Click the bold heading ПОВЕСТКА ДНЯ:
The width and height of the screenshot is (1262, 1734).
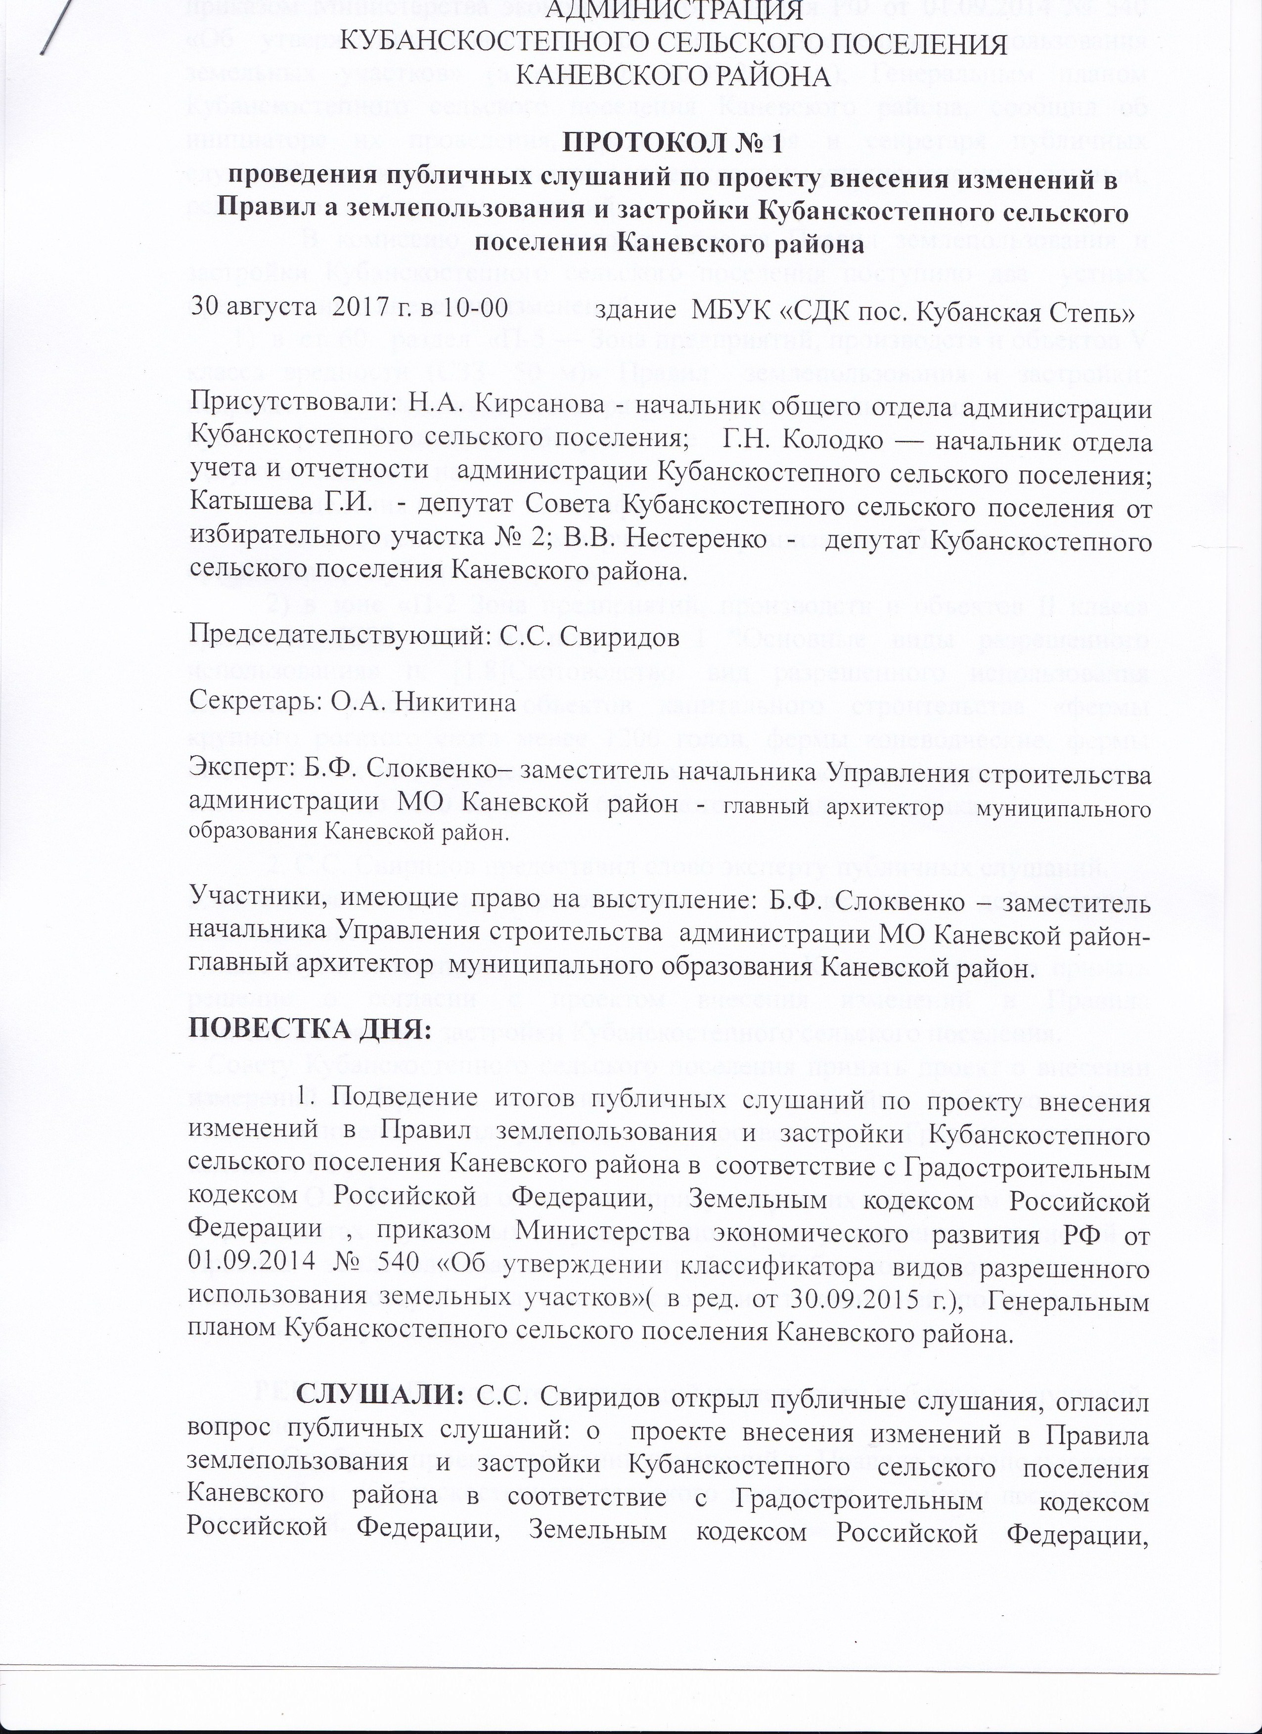pos(310,1031)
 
